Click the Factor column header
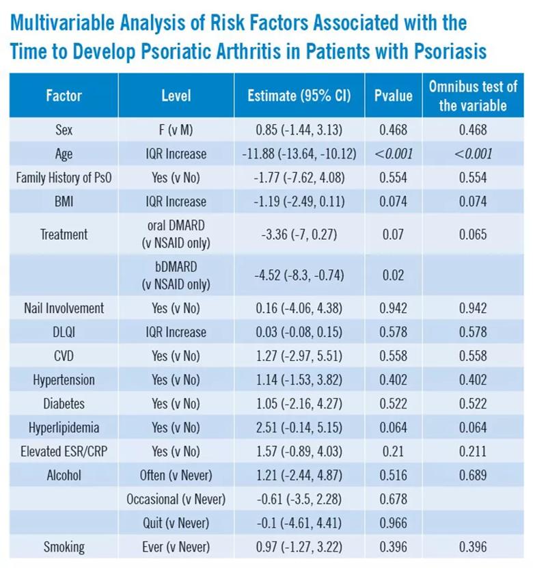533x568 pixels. [x=64, y=96]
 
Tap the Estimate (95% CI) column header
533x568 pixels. [x=299, y=96]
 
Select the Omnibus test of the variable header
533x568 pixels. [x=473, y=96]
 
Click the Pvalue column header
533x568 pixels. [x=393, y=96]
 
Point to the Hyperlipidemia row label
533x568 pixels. [x=64, y=427]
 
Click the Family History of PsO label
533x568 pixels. [x=64, y=178]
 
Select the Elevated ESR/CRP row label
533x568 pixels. [x=64, y=451]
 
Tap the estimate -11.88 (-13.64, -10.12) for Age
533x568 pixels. [x=299, y=154]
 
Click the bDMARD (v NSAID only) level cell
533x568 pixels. [x=176, y=275]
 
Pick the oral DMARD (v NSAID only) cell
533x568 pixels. [x=176, y=234]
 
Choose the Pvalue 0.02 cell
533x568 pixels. [x=393, y=275]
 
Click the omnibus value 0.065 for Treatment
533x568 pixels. [x=473, y=234]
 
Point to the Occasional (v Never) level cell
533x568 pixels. [x=176, y=499]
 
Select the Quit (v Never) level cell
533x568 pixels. [x=176, y=523]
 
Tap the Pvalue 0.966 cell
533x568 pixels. [x=393, y=523]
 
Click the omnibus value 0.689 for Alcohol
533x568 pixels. [x=473, y=475]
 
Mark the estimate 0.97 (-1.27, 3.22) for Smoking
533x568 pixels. [x=299, y=547]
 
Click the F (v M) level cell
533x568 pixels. [x=176, y=130]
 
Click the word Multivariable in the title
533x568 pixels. [x=62, y=23]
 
